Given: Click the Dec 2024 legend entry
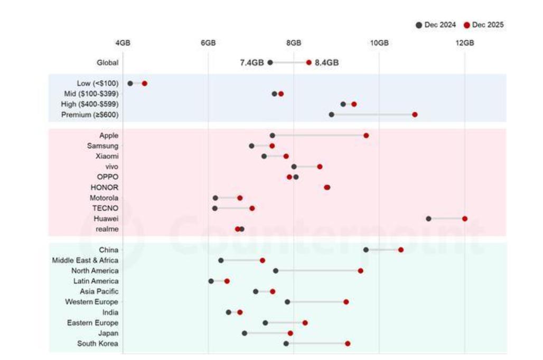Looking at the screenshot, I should (436, 25).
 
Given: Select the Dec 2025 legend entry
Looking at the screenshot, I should (484, 25).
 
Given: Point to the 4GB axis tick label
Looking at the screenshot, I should (123, 43).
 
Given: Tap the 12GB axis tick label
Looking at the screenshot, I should (465, 43).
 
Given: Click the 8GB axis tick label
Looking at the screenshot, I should (294, 43).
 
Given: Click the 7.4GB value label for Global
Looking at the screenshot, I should (251, 62).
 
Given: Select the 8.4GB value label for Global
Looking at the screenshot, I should (326, 62).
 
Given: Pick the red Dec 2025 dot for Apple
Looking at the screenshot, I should (366, 136).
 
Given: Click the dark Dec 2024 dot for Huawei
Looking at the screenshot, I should (428, 219).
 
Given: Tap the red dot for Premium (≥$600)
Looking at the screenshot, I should (415, 115).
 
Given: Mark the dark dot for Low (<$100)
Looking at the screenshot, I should (130, 83).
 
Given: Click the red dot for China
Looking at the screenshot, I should (401, 250).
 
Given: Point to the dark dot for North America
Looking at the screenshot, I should (276, 271).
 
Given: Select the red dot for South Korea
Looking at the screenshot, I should (348, 344).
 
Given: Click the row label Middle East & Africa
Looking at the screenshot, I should (85, 260).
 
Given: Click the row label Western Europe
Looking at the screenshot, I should (91, 302).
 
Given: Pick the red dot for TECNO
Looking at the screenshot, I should (252, 208).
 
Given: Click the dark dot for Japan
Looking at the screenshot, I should (245, 333).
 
